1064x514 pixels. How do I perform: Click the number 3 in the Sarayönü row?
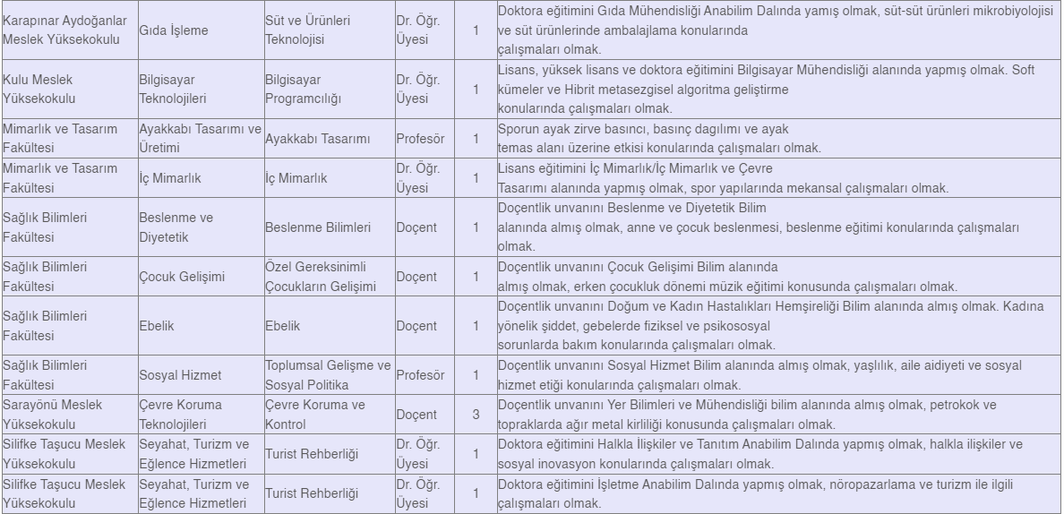476,415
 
